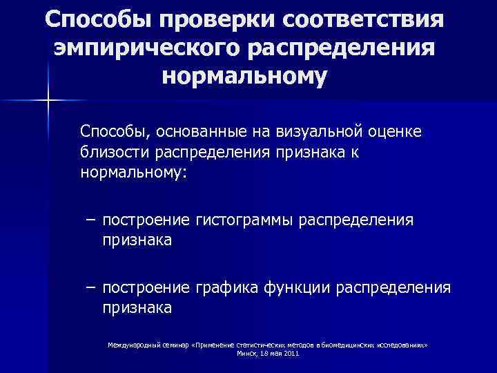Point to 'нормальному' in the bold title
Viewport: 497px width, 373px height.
(244, 77)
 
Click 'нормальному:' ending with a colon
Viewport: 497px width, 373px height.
(133, 173)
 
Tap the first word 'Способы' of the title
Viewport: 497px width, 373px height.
(95, 20)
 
